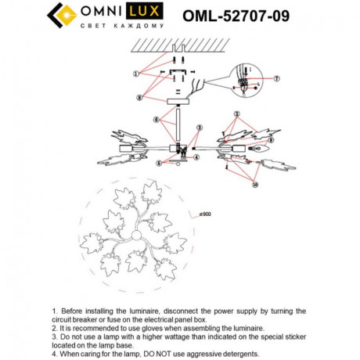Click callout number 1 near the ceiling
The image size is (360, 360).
click(x=135, y=73)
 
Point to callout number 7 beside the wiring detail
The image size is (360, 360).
click(x=275, y=78)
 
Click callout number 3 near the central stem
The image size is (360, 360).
click(x=199, y=127)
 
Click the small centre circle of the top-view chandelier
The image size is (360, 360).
click(x=135, y=236)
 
